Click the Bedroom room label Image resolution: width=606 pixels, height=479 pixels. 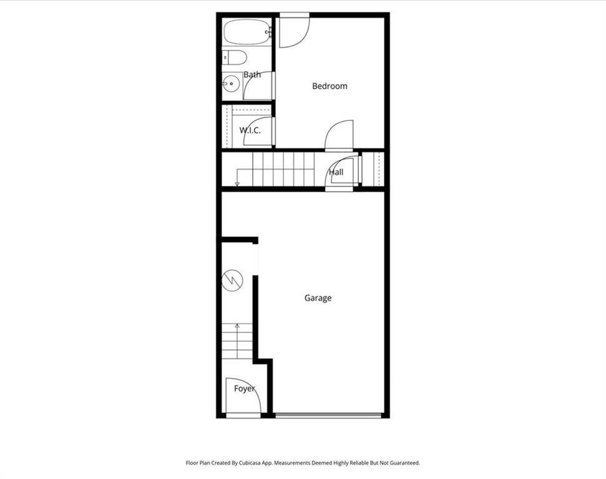pyautogui.click(x=330, y=85)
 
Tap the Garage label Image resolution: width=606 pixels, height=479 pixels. pyautogui.click(x=318, y=298)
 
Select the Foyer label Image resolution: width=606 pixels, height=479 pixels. pyautogui.click(x=245, y=389)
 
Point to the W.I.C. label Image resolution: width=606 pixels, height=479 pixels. pyautogui.click(x=250, y=130)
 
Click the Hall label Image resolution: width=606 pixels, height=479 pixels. pyautogui.click(x=336, y=172)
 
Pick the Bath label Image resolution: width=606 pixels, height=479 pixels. pyautogui.click(x=252, y=75)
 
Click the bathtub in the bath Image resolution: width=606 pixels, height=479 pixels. pyautogui.click(x=247, y=32)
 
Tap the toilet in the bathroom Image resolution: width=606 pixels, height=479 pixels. pyautogui.click(x=234, y=57)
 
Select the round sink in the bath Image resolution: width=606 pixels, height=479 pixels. pyautogui.click(x=231, y=83)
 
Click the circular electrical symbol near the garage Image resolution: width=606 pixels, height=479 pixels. pyautogui.click(x=233, y=280)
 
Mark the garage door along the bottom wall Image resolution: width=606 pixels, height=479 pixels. pyautogui.click(x=328, y=415)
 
